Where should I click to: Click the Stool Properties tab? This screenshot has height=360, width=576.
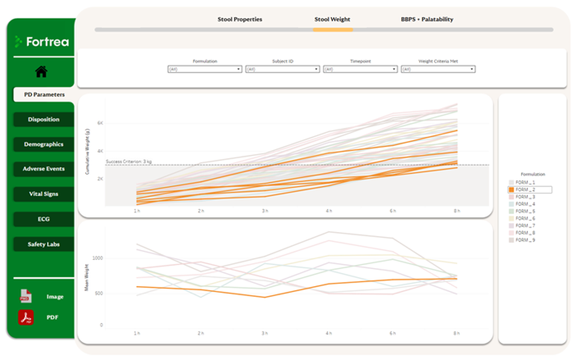[x=239, y=19]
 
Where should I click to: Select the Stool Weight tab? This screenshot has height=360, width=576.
[x=333, y=19]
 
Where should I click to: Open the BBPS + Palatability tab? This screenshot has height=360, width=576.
[x=426, y=19]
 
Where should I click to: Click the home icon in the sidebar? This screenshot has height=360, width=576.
[x=41, y=72]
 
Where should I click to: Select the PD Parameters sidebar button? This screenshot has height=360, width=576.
[x=44, y=94]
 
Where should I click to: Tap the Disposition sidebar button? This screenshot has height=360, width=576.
[x=44, y=120]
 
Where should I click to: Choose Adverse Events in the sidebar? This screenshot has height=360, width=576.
[x=44, y=169]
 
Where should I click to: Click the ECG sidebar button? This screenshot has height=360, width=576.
[x=44, y=219]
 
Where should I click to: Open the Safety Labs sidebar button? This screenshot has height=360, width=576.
[x=44, y=244]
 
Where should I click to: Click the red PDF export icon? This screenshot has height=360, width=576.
[x=25, y=317]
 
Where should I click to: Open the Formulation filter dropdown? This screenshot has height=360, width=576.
[x=204, y=70]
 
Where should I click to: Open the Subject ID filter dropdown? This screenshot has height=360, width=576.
[x=282, y=70]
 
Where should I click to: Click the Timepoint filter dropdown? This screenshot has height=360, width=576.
[x=360, y=70]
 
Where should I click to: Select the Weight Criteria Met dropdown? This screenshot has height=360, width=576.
[x=438, y=70]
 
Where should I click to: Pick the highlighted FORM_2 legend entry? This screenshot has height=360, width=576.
[x=529, y=189]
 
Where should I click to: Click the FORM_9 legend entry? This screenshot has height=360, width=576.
[x=524, y=240]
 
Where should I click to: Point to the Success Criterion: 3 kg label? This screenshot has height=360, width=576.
[x=129, y=162]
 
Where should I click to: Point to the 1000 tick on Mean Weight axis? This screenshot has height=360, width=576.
[x=98, y=257]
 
